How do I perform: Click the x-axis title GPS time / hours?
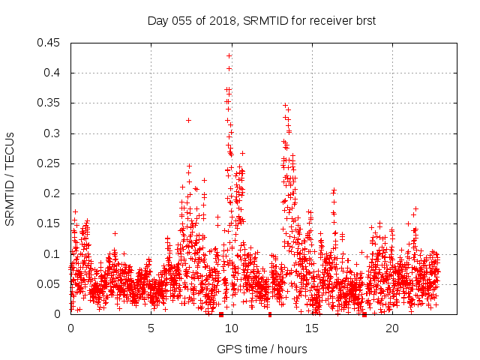pyautogui.click(x=262, y=349)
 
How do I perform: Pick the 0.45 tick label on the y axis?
pyautogui.click(x=50, y=43)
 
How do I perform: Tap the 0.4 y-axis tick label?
pyautogui.click(x=53, y=73)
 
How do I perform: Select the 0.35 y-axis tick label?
pyautogui.click(x=50, y=103)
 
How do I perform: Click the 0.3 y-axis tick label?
pyautogui.click(x=53, y=133)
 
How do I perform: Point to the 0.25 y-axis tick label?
pyautogui.click(x=50, y=163)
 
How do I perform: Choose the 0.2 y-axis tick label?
pyautogui.click(x=53, y=193)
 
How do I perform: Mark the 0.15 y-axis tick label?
pyautogui.click(x=50, y=223)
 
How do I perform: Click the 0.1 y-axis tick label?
pyautogui.click(x=53, y=253)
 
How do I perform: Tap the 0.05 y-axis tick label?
pyautogui.click(x=50, y=284)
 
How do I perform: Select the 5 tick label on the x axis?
pyautogui.click(x=151, y=328)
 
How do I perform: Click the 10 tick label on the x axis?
pyautogui.click(x=232, y=328)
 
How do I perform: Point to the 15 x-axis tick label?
pyautogui.click(x=312, y=328)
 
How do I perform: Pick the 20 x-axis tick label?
pyautogui.click(x=392, y=328)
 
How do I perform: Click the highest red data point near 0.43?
pyautogui.click(x=229, y=55)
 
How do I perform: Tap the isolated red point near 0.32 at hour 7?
pyautogui.click(x=188, y=120)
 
